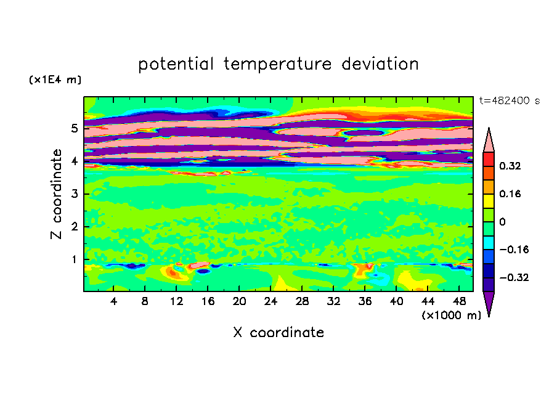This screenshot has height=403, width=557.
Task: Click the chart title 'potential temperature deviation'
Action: (x=278, y=64)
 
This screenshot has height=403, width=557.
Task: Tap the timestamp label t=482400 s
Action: (x=510, y=100)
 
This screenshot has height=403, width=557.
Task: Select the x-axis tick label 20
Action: (x=239, y=301)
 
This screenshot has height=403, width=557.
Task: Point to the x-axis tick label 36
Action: (x=365, y=301)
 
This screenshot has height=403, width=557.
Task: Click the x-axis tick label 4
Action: (x=113, y=301)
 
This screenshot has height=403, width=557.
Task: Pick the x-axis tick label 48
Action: (x=459, y=301)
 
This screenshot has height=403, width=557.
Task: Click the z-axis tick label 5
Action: (x=74, y=128)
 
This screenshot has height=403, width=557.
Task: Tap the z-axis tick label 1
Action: (x=74, y=259)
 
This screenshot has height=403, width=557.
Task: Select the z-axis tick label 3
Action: (x=74, y=194)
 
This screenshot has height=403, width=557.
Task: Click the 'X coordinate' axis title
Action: (x=278, y=332)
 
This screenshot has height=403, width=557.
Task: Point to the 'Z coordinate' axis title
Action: (x=56, y=194)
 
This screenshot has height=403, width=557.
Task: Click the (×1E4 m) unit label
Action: (x=55, y=79)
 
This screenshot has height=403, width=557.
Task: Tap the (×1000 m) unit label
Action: (x=451, y=315)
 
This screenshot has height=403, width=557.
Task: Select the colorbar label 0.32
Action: (x=510, y=166)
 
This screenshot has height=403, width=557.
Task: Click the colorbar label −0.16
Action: (x=514, y=250)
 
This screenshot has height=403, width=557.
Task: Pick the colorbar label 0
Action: (x=502, y=222)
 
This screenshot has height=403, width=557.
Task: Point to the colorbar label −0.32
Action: (x=514, y=277)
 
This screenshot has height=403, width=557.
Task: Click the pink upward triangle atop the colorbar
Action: (x=489, y=142)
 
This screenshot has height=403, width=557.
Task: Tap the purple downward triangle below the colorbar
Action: (x=489, y=302)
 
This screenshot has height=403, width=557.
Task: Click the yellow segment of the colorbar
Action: (x=489, y=201)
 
